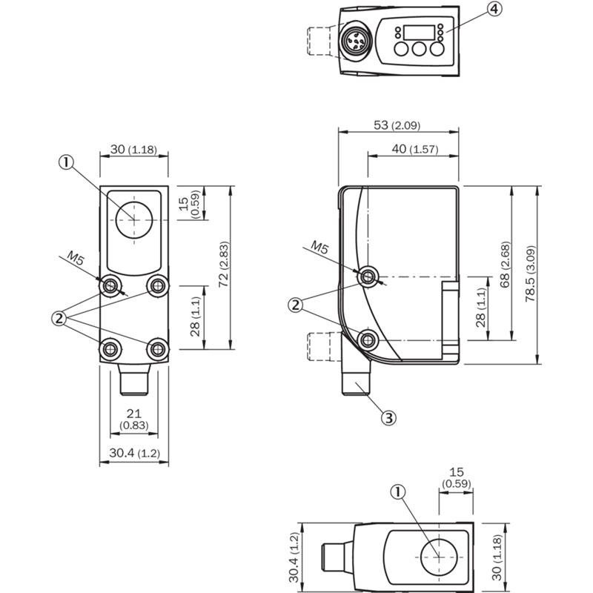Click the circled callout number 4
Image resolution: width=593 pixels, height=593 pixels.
(x=494, y=9)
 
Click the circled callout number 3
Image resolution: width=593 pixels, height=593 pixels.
(x=388, y=417)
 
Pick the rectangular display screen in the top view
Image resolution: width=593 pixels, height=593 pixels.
(x=417, y=33)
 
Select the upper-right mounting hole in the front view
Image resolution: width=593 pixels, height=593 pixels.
(x=156, y=285)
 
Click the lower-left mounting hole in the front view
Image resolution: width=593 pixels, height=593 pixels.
(x=110, y=347)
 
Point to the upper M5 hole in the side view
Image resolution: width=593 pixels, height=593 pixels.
(x=368, y=277)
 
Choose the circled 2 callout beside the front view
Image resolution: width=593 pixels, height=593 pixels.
(x=59, y=319)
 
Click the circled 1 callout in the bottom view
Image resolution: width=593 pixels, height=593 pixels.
(x=399, y=492)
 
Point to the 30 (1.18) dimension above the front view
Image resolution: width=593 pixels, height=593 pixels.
(x=133, y=149)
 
